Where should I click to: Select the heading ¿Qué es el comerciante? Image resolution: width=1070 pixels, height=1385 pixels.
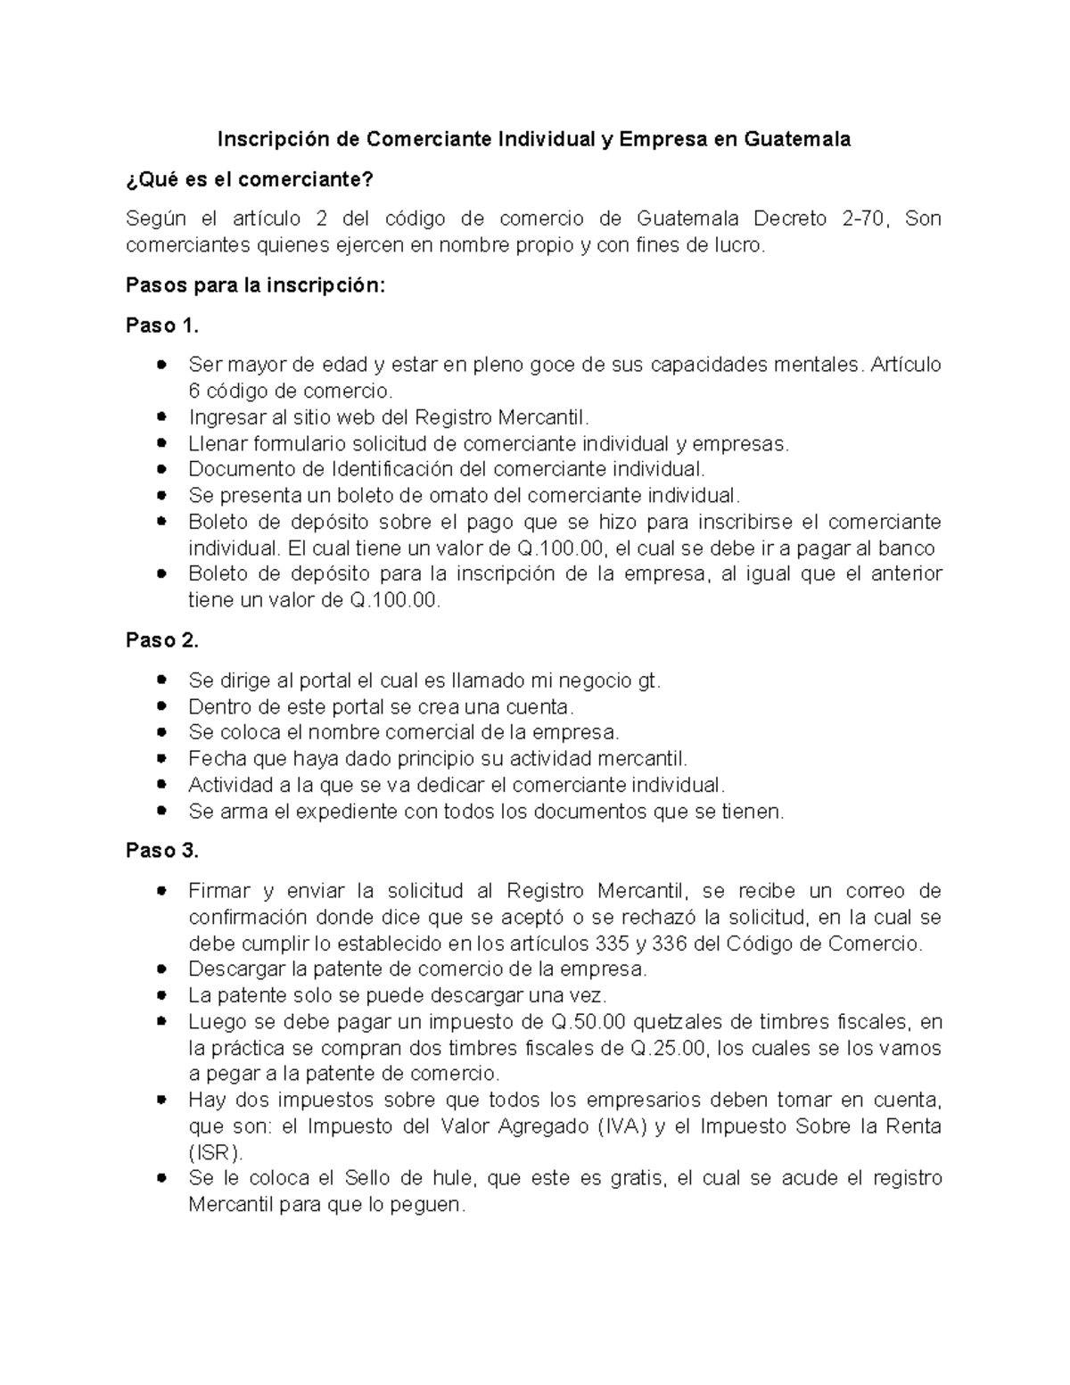pyautogui.click(x=250, y=179)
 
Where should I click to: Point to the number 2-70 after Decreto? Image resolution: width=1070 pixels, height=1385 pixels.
pyautogui.click(x=865, y=218)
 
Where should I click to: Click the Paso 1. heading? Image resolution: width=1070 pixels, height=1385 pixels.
pyautogui.click(x=162, y=326)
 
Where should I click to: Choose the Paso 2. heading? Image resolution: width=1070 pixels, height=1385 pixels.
pyautogui.click(x=162, y=640)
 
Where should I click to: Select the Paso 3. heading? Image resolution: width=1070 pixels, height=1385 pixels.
pyautogui.click(x=162, y=851)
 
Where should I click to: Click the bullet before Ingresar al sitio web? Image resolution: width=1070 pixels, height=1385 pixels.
pyautogui.click(x=160, y=417)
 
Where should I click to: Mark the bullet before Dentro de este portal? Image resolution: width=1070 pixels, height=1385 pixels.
pyautogui.click(x=160, y=706)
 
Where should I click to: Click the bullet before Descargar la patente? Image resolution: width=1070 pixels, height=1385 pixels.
pyautogui.click(x=160, y=969)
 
